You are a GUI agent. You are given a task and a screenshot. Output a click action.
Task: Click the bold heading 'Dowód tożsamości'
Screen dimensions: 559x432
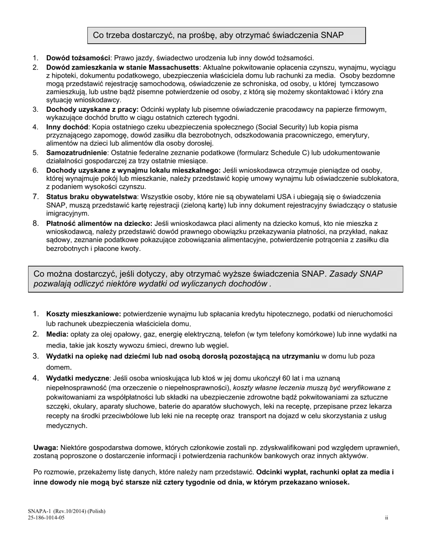pyautogui.click(x=78, y=58)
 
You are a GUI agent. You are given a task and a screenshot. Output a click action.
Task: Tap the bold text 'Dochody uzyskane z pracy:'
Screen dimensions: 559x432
pyautogui.click(x=92, y=110)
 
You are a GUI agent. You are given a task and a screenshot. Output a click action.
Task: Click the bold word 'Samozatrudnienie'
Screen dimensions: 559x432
pyautogui.click(x=76, y=153)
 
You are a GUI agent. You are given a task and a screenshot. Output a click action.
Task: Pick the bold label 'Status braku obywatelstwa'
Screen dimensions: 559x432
pyautogui.click(x=91, y=197)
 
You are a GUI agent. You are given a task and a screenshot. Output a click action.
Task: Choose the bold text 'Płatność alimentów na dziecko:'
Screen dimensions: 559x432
pyautogui.click(x=99, y=224)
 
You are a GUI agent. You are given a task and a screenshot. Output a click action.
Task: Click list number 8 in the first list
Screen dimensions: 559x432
pyautogui.click(x=35, y=224)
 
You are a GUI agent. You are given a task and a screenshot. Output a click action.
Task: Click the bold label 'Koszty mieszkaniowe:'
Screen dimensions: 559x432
pyautogui.click(x=84, y=314)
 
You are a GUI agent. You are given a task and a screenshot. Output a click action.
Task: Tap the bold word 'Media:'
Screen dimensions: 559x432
pyautogui.click(x=57, y=334)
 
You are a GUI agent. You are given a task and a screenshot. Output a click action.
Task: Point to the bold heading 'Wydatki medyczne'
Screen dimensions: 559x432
pyautogui.click(x=78, y=378)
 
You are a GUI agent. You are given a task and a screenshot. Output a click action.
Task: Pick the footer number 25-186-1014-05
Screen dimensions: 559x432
pyautogui.click(x=46, y=518)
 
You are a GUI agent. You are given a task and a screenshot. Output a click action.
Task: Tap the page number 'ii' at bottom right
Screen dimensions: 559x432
pyautogui.click(x=387, y=518)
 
